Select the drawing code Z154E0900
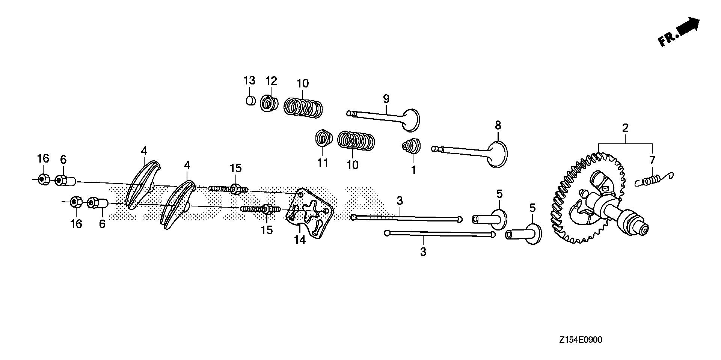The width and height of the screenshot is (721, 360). pyautogui.click(x=580, y=340)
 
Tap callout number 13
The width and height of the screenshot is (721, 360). pyautogui.click(x=249, y=81)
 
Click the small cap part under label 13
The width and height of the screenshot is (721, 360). pyautogui.click(x=250, y=101)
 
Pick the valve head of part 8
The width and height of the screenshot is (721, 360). pyautogui.click(x=498, y=154)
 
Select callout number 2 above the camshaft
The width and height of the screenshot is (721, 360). pyautogui.click(x=625, y=128)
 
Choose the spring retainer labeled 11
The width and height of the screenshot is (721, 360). pyautogui.click(x=323, y=139)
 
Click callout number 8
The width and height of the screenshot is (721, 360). pyautogui.click(x=498, y=125)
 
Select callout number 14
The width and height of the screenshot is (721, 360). pyautogui.click(x=300, y=240)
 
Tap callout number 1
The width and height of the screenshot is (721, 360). pyautogui.click(x=413, y=170)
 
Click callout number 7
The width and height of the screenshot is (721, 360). pyautogui.click(x=652, y=160)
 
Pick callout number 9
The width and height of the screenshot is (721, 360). pyautogui.click(x=386, y=99)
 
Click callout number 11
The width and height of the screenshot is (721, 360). pyautogui.click(x=323, y=163)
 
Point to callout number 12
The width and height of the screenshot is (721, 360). pyautogui.click(x=271, y=81)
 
